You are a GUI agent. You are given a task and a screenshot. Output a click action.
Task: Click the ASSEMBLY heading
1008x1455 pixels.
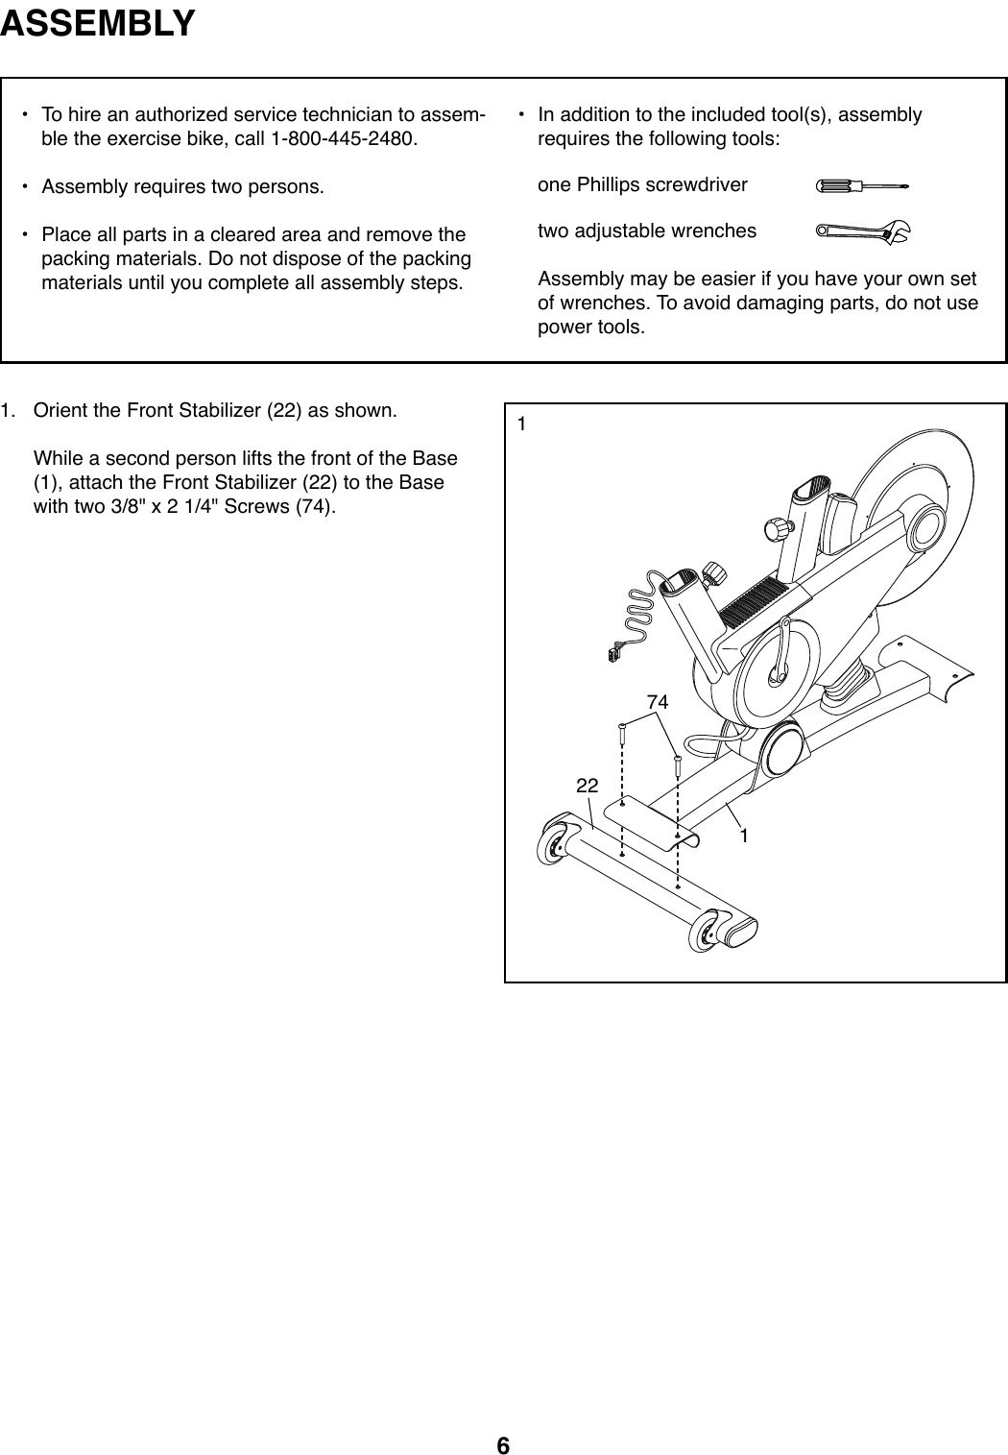click(98, 22)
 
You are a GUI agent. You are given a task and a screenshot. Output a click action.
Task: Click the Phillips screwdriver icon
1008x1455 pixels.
click(860, 184)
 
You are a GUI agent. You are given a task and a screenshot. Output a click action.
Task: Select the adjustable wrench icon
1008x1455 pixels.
click(862, 230)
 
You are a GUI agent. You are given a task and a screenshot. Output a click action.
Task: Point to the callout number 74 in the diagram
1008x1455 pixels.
click(657, 703)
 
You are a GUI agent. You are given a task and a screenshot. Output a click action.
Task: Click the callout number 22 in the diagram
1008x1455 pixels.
click(587, 786)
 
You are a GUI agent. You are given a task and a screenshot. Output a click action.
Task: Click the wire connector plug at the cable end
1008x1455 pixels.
click(612, 656)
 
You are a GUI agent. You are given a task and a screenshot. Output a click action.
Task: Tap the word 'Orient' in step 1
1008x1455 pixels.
click(60, 411)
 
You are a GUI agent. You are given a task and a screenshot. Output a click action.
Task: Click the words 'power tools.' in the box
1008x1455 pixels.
click(591, 327)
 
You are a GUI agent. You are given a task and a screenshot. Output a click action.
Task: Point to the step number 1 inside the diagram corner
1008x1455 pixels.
click(521, 423)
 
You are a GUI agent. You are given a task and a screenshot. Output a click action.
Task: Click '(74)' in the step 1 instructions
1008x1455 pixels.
click(316, 506)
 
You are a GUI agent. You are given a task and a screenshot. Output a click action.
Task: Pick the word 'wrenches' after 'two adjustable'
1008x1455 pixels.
click(716, 230)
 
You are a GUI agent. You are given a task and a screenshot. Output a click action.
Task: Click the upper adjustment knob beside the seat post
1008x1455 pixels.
click(773, 528)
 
